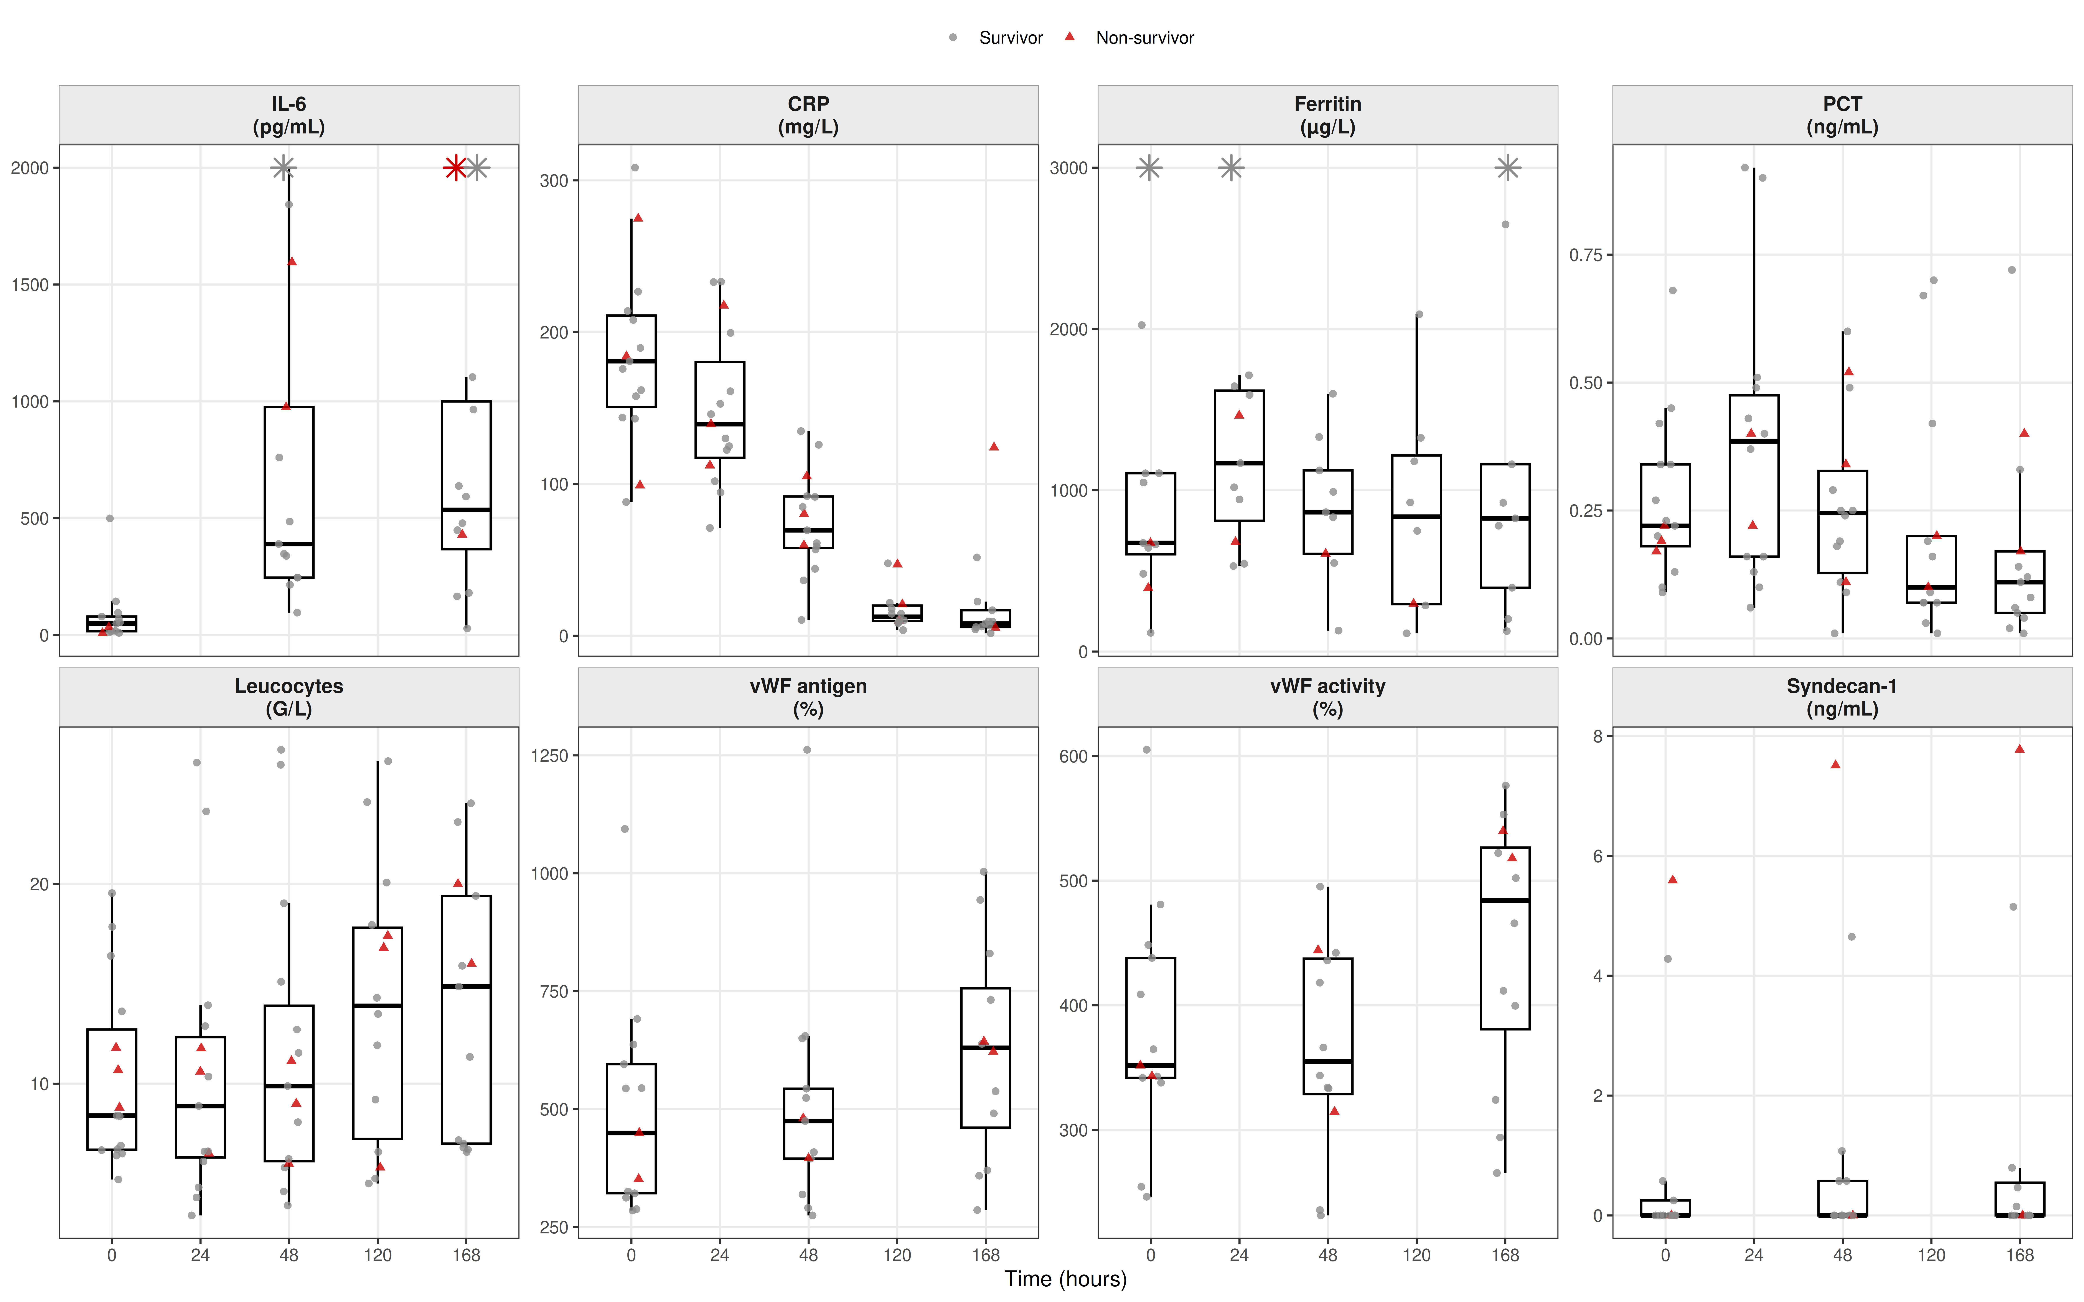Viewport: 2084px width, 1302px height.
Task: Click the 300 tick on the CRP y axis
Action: pos(554,181)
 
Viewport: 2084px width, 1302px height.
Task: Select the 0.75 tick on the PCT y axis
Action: pos(1584,255)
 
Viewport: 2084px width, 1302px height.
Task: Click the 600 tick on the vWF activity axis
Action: pos(1073,756)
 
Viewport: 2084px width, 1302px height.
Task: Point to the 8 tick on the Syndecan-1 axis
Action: pos(1598,736)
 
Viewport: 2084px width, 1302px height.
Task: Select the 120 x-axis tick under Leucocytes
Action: pos(377,1256)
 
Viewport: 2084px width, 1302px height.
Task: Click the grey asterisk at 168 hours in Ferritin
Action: pos(1507,168)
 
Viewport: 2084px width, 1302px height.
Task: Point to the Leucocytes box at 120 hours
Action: pos(377,1033)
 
